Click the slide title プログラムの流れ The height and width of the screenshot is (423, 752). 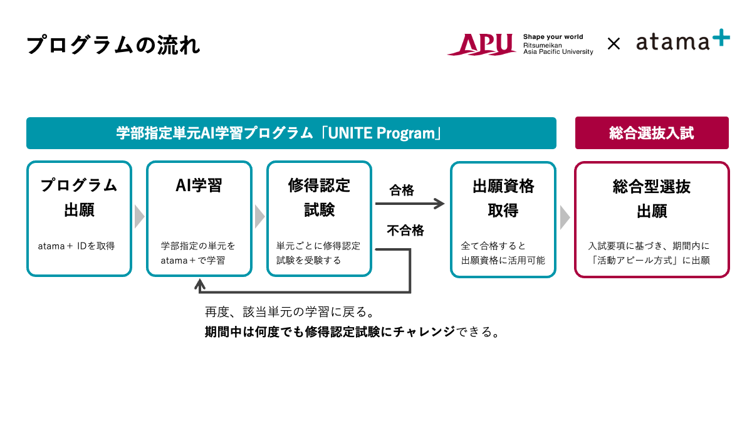(113, 45)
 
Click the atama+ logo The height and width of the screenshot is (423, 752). (682, 42)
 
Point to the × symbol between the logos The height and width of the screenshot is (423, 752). (614, 44)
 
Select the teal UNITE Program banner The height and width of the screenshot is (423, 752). (291, 133)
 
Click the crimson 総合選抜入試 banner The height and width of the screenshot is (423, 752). (652, 133)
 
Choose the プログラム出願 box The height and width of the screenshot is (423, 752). (79, 219)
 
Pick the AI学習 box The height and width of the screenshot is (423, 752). (199, 219)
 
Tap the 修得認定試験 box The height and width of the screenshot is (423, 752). (320, 219)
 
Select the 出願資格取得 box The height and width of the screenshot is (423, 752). (503, 219)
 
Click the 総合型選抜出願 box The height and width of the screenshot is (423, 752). (652, 219)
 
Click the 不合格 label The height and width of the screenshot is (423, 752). (405, 231)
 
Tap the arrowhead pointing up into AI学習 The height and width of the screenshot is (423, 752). (200, 285)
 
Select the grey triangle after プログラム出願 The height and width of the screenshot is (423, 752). (139, 217)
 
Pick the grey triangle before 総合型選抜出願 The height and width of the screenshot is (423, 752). (565, 217)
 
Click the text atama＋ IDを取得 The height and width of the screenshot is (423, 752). (76, 246)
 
